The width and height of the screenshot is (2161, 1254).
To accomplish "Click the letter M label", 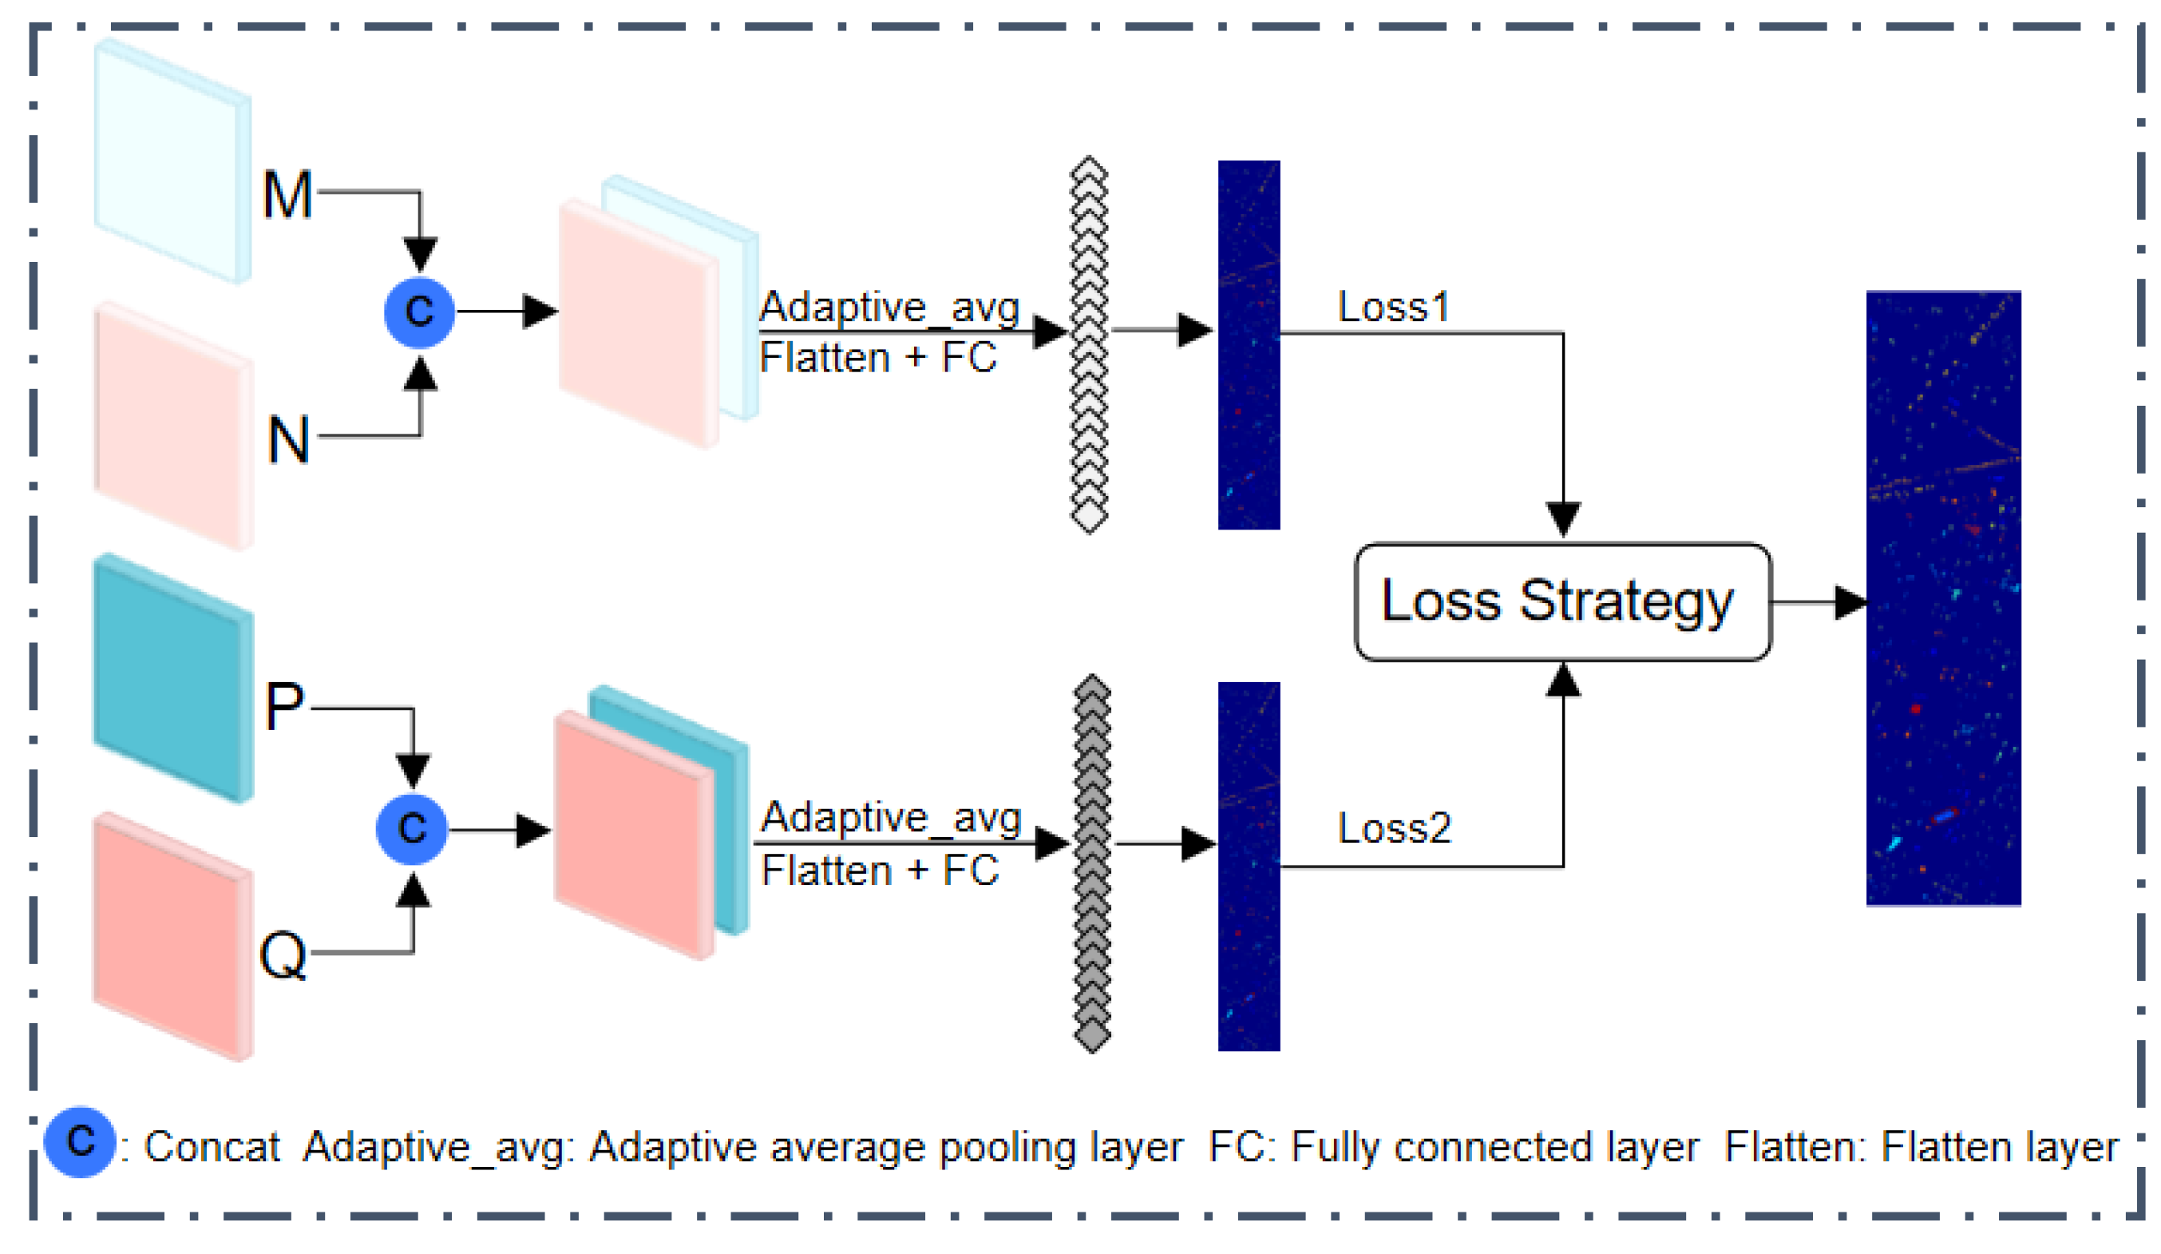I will click(x=287, y=195).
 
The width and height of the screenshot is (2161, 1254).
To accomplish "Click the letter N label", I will click(x=288, y=440).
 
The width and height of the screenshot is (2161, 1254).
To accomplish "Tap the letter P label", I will click(x=284, y=707).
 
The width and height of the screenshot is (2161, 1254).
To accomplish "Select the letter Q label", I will click(x=283, y=954).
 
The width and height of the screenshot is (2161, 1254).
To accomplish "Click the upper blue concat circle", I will click(x=419, y=312).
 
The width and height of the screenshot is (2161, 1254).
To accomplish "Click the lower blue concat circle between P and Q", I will click(x=413, y=828).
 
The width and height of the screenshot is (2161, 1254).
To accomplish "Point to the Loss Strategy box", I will click(x=1562, y=601).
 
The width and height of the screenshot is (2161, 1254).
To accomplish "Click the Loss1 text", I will click(x=1393, y=306).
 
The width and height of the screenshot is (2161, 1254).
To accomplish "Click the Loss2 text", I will click(x=1395, y=827).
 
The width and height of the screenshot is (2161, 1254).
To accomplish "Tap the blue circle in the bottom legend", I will click(x=80, y=1141).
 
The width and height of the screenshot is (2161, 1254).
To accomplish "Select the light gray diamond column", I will click(x=1089, y=345).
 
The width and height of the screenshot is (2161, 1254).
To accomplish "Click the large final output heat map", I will click(x=1943, y=597).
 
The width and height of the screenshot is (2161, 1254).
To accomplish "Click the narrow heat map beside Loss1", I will click(x=1249, y=345).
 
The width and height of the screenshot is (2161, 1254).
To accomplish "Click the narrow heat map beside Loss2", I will click(x=1249, y=866).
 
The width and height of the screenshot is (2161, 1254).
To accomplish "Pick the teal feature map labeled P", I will click(x=172, y=677).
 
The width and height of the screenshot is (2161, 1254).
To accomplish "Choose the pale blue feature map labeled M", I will click(x=172, y=161).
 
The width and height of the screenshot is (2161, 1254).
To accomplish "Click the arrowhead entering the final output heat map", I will click(x=1850, y=602).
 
